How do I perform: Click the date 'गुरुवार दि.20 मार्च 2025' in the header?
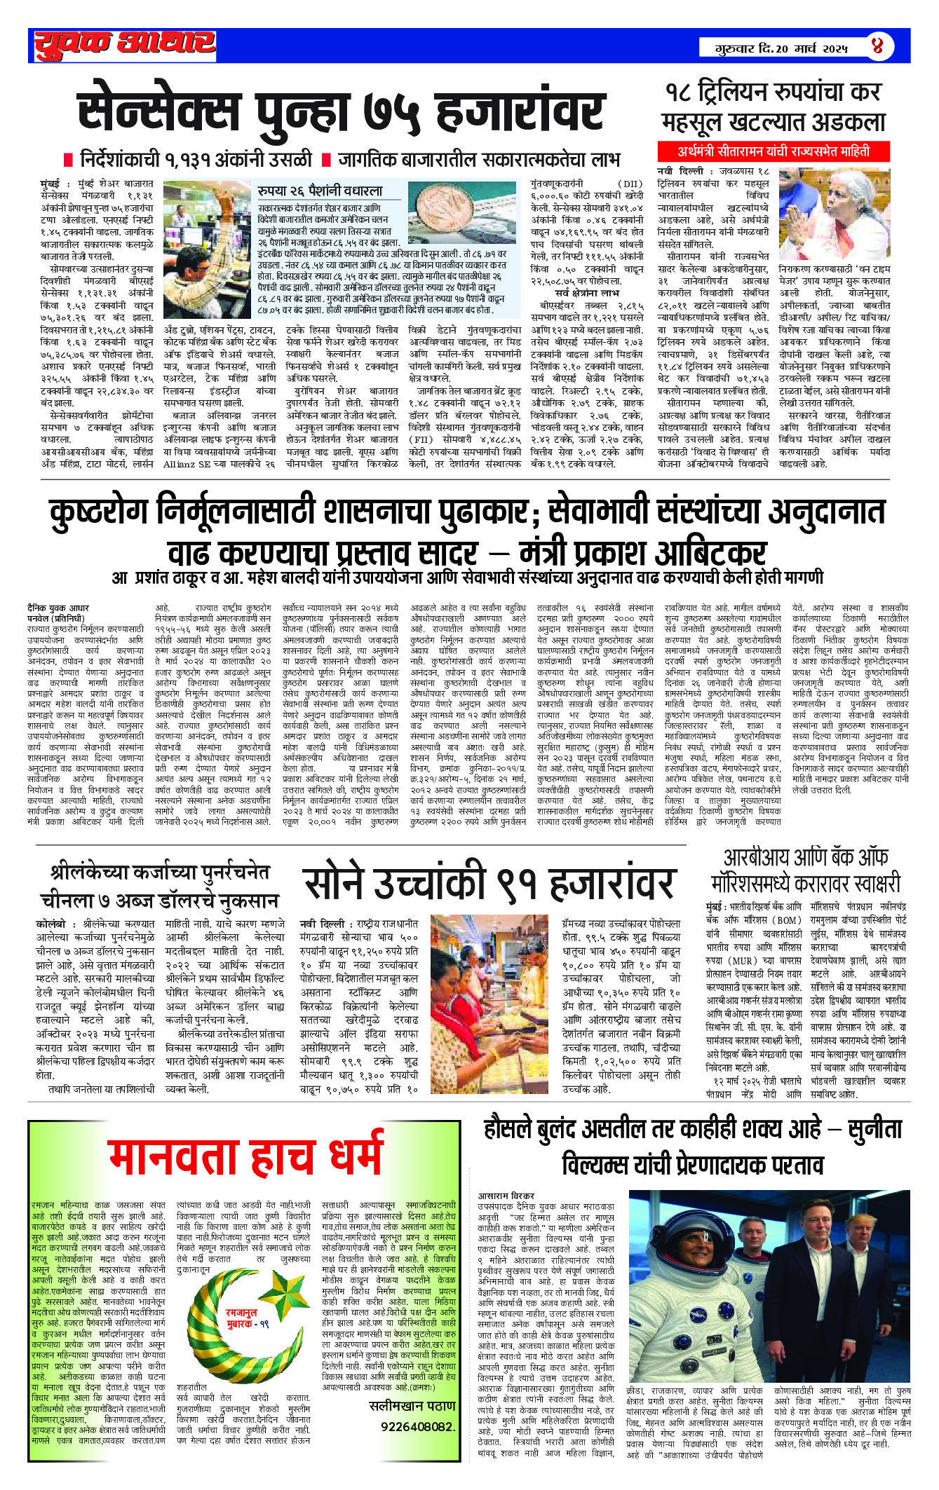781,48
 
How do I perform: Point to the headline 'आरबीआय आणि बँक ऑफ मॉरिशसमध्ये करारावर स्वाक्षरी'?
805,871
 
